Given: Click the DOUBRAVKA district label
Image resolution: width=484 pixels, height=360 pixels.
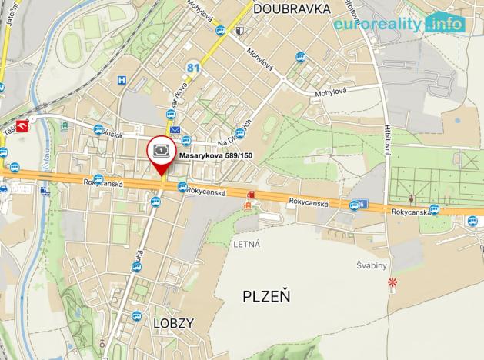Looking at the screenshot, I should (291, 8).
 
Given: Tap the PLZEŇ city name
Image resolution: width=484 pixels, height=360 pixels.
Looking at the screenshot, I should (266, 296).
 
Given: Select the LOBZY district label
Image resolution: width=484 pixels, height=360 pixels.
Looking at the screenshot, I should (173, 323).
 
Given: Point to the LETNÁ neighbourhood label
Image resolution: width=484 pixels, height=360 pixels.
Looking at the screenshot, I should (246, 244).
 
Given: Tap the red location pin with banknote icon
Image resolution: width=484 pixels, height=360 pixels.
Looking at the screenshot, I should (162, 152).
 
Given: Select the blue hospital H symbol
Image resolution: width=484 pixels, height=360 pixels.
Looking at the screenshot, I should (121, 80).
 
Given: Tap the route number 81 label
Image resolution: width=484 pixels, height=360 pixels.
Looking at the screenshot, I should (193, 69).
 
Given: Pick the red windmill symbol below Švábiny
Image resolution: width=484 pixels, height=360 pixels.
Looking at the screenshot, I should (394, 282).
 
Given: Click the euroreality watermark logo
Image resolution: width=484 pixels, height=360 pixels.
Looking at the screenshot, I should (399, 23).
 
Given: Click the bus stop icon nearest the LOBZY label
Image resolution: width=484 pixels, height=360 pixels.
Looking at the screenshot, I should (136, 315).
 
